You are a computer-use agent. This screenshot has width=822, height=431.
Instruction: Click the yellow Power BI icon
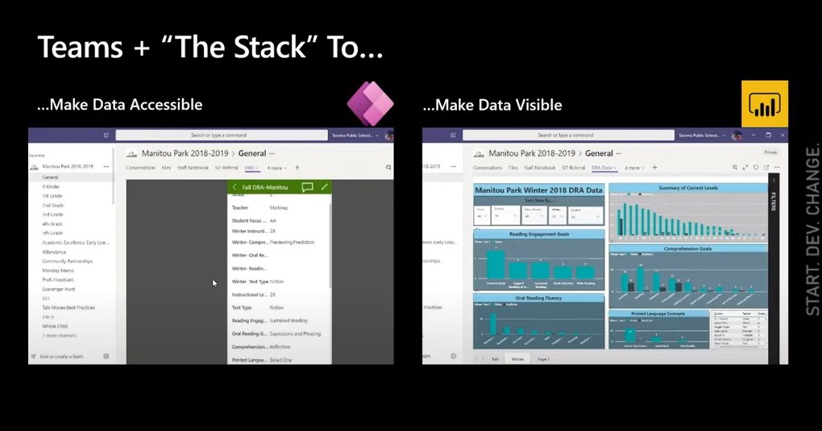765,104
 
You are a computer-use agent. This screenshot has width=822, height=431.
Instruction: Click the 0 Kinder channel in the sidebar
51,186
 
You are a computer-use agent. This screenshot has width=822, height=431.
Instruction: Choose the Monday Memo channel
58,270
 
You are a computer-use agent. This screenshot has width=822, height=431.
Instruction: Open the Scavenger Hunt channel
60,288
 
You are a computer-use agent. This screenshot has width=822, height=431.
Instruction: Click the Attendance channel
55,252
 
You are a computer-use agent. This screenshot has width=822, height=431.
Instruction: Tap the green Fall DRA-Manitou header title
264,187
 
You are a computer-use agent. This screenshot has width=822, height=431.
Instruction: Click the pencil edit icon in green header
325,187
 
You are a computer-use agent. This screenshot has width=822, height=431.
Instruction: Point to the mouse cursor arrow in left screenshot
214,282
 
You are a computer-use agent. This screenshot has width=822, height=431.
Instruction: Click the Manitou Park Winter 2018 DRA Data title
539,190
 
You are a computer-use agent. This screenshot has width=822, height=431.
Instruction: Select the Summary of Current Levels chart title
687,187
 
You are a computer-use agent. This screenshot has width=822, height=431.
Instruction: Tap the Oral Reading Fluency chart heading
539,298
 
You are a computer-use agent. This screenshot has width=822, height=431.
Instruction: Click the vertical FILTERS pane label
774,202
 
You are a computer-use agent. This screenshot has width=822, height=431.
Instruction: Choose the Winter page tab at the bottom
517,358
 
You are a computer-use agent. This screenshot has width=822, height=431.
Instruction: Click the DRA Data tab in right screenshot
602,167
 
